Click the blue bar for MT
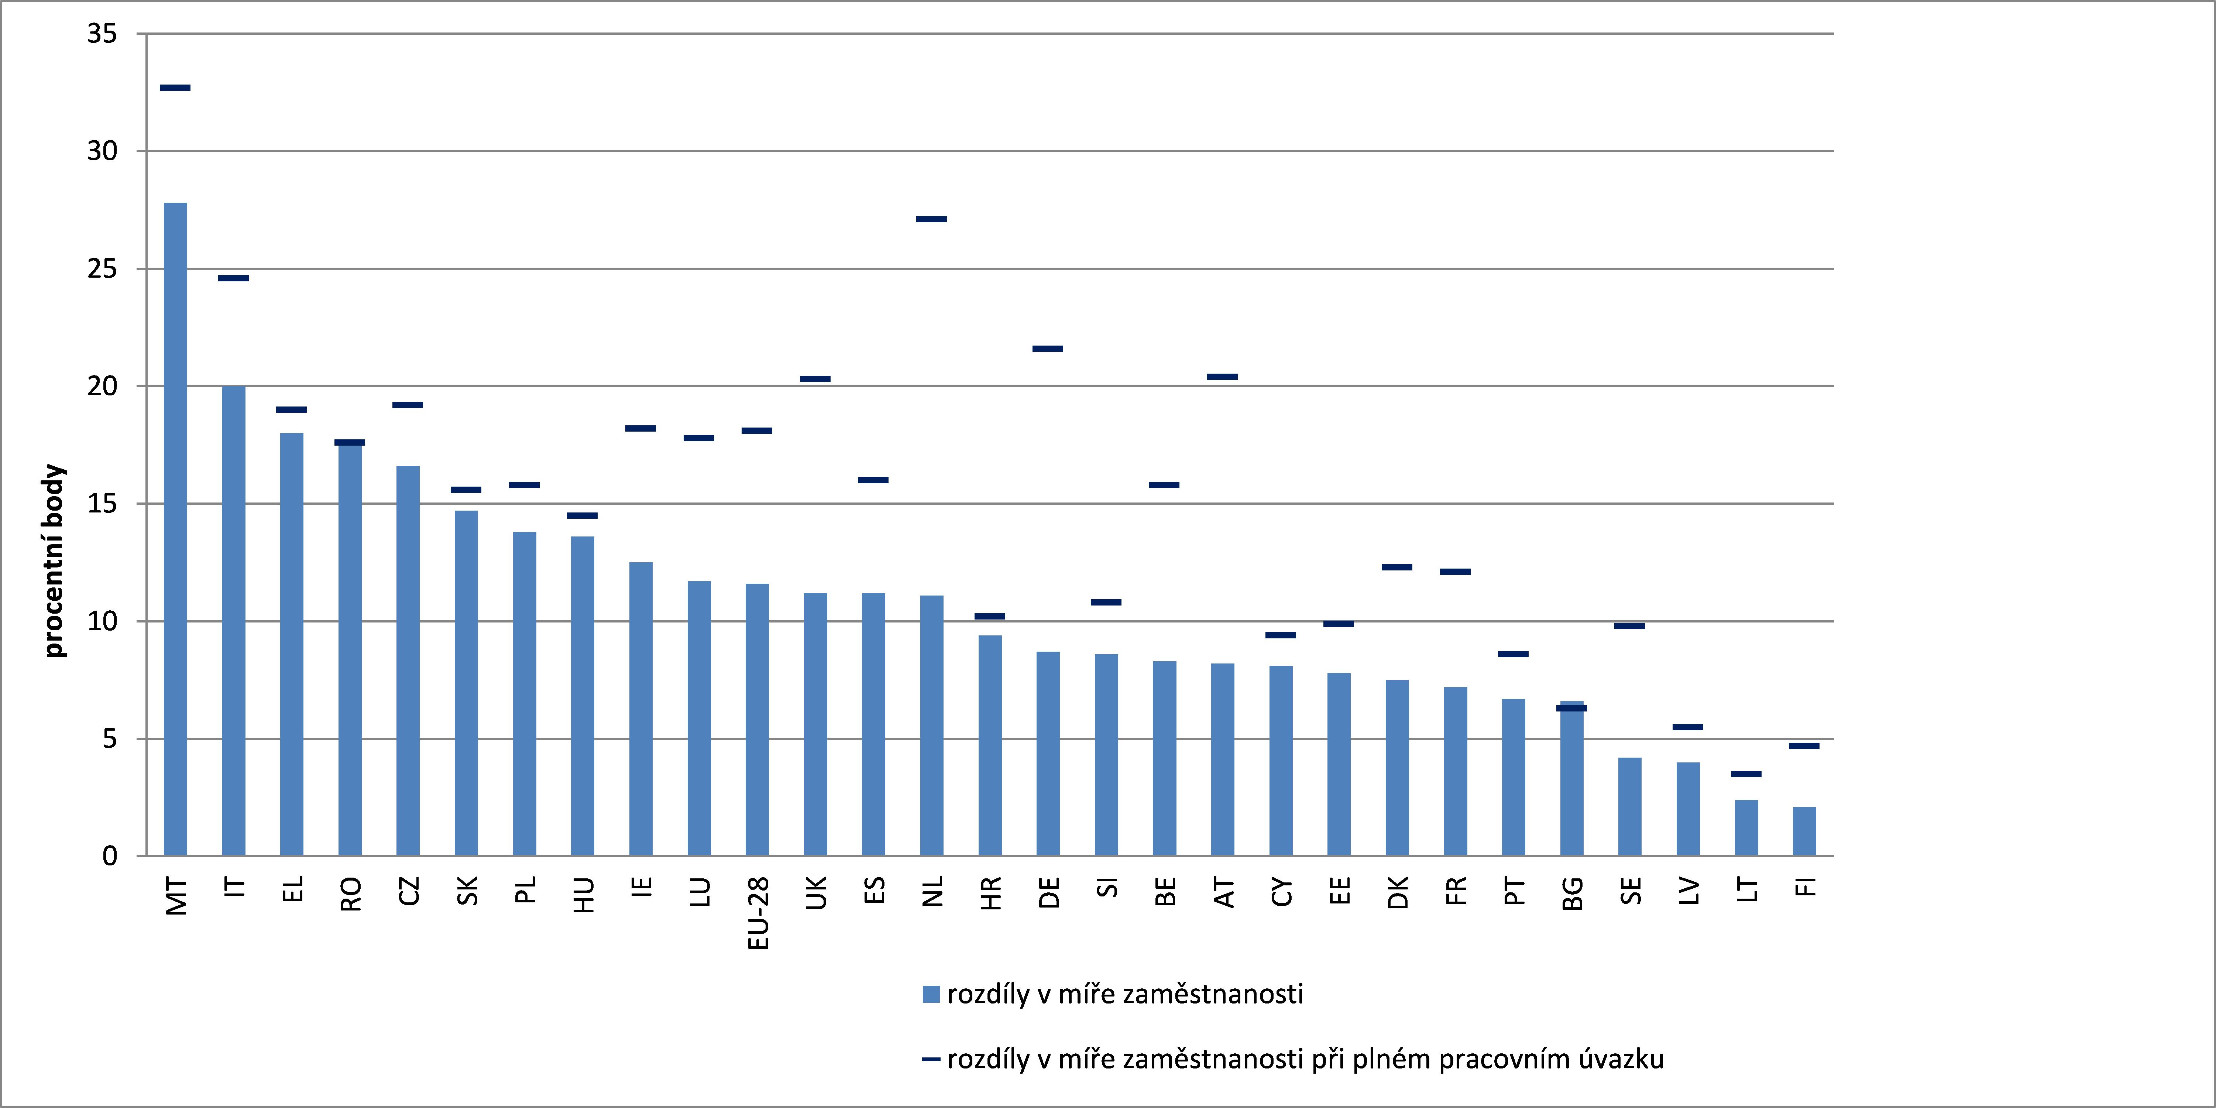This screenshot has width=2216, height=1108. (175, 529)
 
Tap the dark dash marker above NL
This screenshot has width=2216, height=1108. (932, 219)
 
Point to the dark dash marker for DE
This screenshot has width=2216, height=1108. (1048, 349)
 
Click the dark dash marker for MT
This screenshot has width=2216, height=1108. (175, 88)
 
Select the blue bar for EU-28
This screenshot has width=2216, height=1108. (757, 720)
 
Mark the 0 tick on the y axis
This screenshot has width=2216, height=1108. (109, 856)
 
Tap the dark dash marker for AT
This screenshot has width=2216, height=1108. (1222, 377)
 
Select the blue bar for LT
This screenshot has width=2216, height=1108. (1746, 827)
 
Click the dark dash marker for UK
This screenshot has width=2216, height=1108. (815, 378)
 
